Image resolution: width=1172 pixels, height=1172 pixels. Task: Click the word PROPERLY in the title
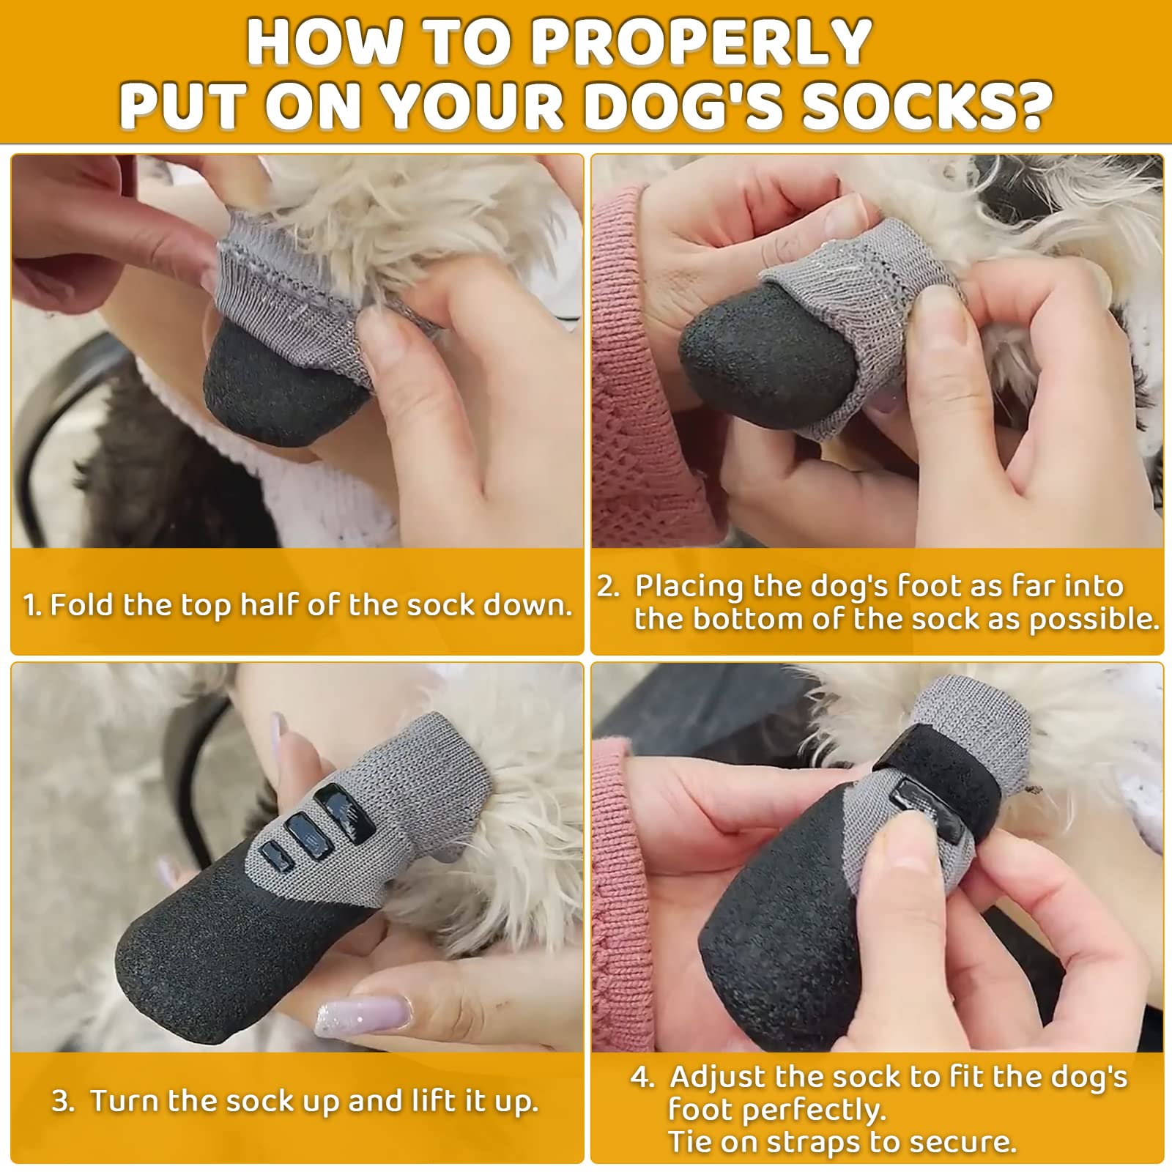click(x=701, y=42)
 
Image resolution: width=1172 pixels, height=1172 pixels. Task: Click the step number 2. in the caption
click(x=608, y=587)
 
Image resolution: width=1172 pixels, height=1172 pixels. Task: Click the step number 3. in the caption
click(x=63, y=1101)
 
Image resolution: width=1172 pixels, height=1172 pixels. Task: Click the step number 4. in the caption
click(x=642, y=1078)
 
